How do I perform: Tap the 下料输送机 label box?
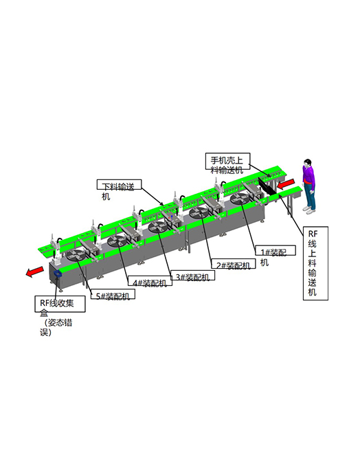(119, 185)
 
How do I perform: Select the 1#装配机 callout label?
(276, 250)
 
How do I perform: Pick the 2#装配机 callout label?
(233, 264)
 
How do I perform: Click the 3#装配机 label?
(193, 276)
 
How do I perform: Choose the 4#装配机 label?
(150, 281)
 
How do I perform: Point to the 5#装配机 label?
(113, 294)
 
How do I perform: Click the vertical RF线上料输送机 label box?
(315, 263)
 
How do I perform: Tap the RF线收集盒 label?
(60, 304)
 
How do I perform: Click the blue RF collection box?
(57, 274)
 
